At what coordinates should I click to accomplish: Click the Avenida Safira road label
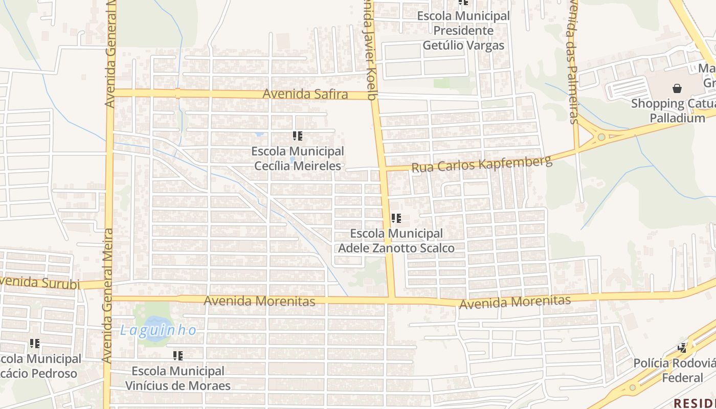coord(305,94)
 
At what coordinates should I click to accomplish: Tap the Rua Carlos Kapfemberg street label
coord(482,165)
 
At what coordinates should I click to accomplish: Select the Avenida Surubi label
coord(40,282)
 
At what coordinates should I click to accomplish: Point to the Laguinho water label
coord(158,330)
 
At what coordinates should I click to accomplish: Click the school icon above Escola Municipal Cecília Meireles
coord(297,136)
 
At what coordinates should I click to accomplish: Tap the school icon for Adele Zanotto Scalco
coord(396,218)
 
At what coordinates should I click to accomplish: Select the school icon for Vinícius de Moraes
coord(177,355)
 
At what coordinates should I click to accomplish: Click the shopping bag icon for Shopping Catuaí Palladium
coord(677,88)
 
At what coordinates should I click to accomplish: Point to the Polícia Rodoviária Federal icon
coord(682,348)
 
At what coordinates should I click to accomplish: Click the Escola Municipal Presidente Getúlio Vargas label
coord(463,31)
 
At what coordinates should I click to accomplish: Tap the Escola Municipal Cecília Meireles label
coord(298,158)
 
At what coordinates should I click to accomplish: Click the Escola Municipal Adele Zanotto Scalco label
coord(396,240)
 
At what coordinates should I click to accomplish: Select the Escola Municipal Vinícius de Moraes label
coord(178,378)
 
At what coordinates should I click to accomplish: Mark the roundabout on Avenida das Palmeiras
coord(601,137)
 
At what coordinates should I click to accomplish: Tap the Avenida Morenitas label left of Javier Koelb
coord(259,301)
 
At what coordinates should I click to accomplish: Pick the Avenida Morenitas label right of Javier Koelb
coord(514,302)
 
